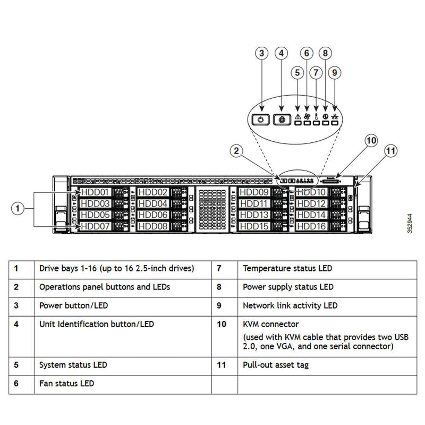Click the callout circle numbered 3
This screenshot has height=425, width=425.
tap(261, 53)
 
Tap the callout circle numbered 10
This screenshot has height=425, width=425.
tap(371, 140)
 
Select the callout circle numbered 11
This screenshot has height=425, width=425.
tap(390, 151)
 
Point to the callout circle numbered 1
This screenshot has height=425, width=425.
tap(18, 209)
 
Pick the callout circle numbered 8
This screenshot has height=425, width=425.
tap(326, 53)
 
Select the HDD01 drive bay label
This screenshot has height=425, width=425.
tap(95, 192)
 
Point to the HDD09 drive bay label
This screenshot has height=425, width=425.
tap(254, 192)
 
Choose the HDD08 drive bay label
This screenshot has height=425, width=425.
tap(153, 226)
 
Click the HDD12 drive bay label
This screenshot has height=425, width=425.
tap(311, 203)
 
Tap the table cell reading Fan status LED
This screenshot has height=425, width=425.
tap(66, 383)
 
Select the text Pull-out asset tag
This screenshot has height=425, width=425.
tap(275, 365)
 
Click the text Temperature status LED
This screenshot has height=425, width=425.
tap(287, 268)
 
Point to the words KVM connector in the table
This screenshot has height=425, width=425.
tap(270, 324)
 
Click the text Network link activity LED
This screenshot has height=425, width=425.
tap(290, 305)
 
